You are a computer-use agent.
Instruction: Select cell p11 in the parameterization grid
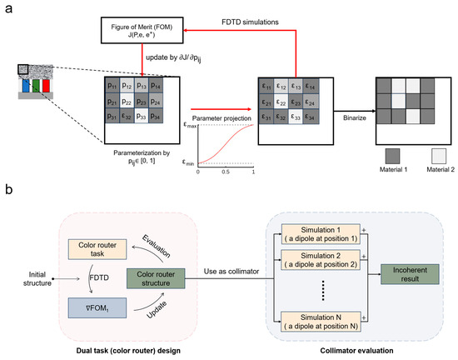(112, 86)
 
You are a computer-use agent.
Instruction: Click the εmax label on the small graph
(190, 124)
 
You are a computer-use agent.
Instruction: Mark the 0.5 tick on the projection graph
(225, 171)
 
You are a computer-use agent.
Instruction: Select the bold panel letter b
(7, 204)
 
